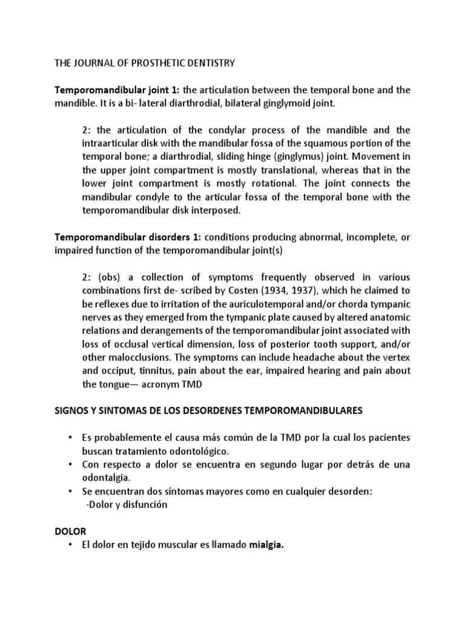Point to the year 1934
[270, 290]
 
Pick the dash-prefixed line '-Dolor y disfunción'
[127, 504]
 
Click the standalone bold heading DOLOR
[70, 531]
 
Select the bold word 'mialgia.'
[266, 545]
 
